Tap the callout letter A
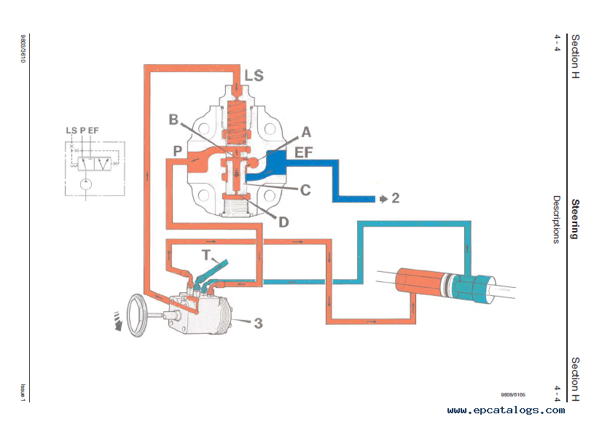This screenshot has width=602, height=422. tap(305, 132)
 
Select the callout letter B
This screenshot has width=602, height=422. tap(173, 120)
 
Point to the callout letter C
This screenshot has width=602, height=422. tap(305, 189)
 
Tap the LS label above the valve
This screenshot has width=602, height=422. tap(254, 76)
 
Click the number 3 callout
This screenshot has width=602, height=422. tap(257, 321)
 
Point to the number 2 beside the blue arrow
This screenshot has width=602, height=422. tap(395, 198)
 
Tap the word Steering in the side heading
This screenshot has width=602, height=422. tap(575, 219)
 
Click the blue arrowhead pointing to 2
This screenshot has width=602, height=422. tap(381, 198)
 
